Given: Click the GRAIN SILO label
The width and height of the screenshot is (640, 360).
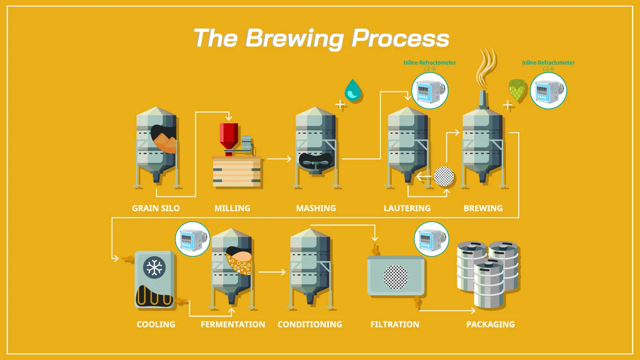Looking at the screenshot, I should coord(156,208).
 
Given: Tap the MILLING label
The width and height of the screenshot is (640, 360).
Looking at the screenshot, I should coord(232,208).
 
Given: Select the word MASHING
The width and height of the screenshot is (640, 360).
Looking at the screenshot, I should coord(316,208).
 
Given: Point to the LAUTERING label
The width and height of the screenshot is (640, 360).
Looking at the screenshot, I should coord(407,208).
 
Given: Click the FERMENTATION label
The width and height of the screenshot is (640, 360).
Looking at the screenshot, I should coord(233,324).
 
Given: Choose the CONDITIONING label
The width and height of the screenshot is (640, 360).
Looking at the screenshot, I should coord(310,324).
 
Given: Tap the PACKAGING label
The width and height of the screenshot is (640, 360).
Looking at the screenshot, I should coord(491,324).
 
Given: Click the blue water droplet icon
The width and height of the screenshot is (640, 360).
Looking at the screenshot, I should coord(352,90).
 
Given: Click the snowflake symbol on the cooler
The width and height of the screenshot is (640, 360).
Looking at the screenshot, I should coord(153,267).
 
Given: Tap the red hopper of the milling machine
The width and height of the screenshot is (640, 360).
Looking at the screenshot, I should coord(229,135).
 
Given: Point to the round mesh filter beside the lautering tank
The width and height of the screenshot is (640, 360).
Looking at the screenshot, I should coord(444,177).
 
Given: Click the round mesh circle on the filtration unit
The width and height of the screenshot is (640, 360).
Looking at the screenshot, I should coord(395,277).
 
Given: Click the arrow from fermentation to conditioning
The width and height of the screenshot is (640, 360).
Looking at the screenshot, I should coord(272,272).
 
